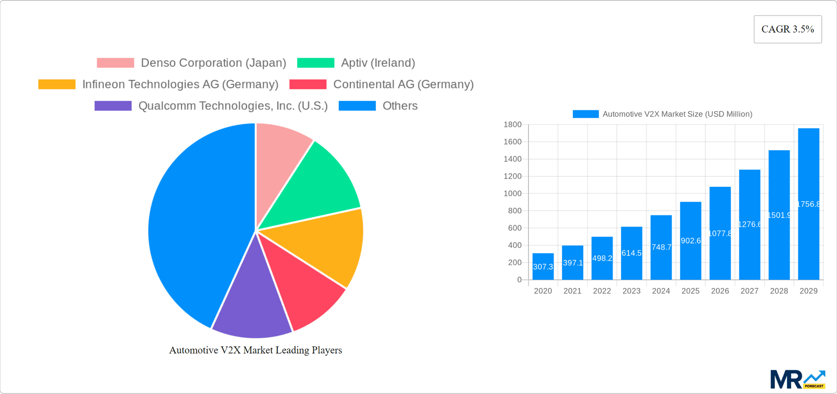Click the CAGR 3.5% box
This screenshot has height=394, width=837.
tap(787, 29)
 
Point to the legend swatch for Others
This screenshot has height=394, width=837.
tap(357, 106)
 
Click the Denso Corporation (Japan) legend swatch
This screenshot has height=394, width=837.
tap(115, 63)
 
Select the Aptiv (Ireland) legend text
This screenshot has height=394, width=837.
tap(378, 63)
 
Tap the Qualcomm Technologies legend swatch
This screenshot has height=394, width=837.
tap(113, 106)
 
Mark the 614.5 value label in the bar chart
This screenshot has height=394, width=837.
tap(631, 253)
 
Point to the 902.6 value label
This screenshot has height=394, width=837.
tap(691, 241)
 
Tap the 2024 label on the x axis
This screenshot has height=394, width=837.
tap(661, 291)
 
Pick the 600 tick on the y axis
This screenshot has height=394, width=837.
tap(514, 228)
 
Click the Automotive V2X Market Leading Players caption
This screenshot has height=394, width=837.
tap(255, 350)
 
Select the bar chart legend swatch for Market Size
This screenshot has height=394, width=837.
tap(585, 114)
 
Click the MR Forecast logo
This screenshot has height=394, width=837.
tap(797, 379)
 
